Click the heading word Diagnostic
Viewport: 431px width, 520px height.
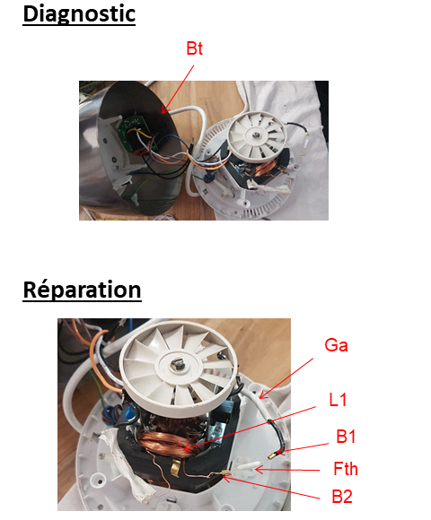click(x=79, y=14)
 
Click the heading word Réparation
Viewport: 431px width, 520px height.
click(x=82, y=290)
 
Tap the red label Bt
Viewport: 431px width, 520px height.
click(x=194, y=48)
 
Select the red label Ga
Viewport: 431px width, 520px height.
click(x=336, y=345)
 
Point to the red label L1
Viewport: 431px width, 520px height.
click(x=338, y=400)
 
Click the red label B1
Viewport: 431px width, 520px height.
click(x=346, y=437)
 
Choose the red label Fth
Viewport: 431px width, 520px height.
click(x=346, y=469)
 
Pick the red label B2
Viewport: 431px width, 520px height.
click(x=342, y=497)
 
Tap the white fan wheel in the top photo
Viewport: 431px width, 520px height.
click(x=257, y=134)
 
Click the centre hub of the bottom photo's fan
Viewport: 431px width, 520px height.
click(x=178, y=365)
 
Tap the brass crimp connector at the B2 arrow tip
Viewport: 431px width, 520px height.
click(x=225, y=475)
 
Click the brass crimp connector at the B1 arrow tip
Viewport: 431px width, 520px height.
click(x=272, y=456)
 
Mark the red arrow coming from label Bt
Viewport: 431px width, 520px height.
click(x=178, y=89)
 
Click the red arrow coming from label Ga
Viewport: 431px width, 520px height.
click(x=286, y=378)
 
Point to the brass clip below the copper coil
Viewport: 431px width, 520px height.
click(x=175, y=467)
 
